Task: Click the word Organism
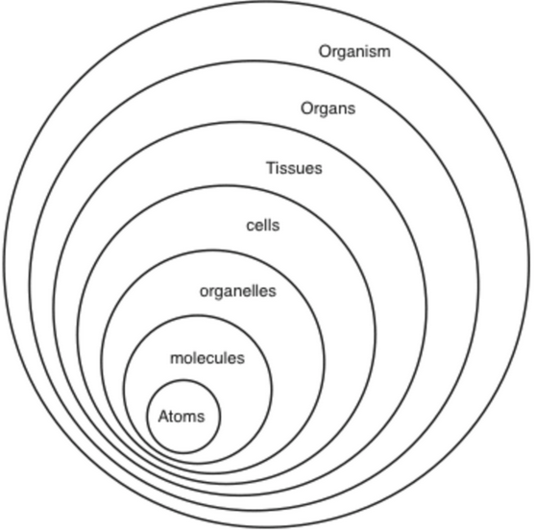click(354, 52)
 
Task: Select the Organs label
click(328, 109)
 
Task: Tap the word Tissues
click(294, 168)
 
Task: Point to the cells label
click(263, 226)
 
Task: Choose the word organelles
click(237, 292)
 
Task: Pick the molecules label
click(207, 358)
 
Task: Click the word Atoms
click(182, 416)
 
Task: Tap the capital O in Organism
click(325, 52)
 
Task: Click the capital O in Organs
click(307, 108)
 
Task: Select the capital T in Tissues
click(271, 168)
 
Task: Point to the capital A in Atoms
click(163, 416)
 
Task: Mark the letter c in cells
click(251, 227)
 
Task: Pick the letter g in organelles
click(221, 294)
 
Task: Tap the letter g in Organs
click(326, 110)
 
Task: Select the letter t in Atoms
click(173, 417)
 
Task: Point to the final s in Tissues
click(318, 170)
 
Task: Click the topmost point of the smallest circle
click(183, 380)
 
